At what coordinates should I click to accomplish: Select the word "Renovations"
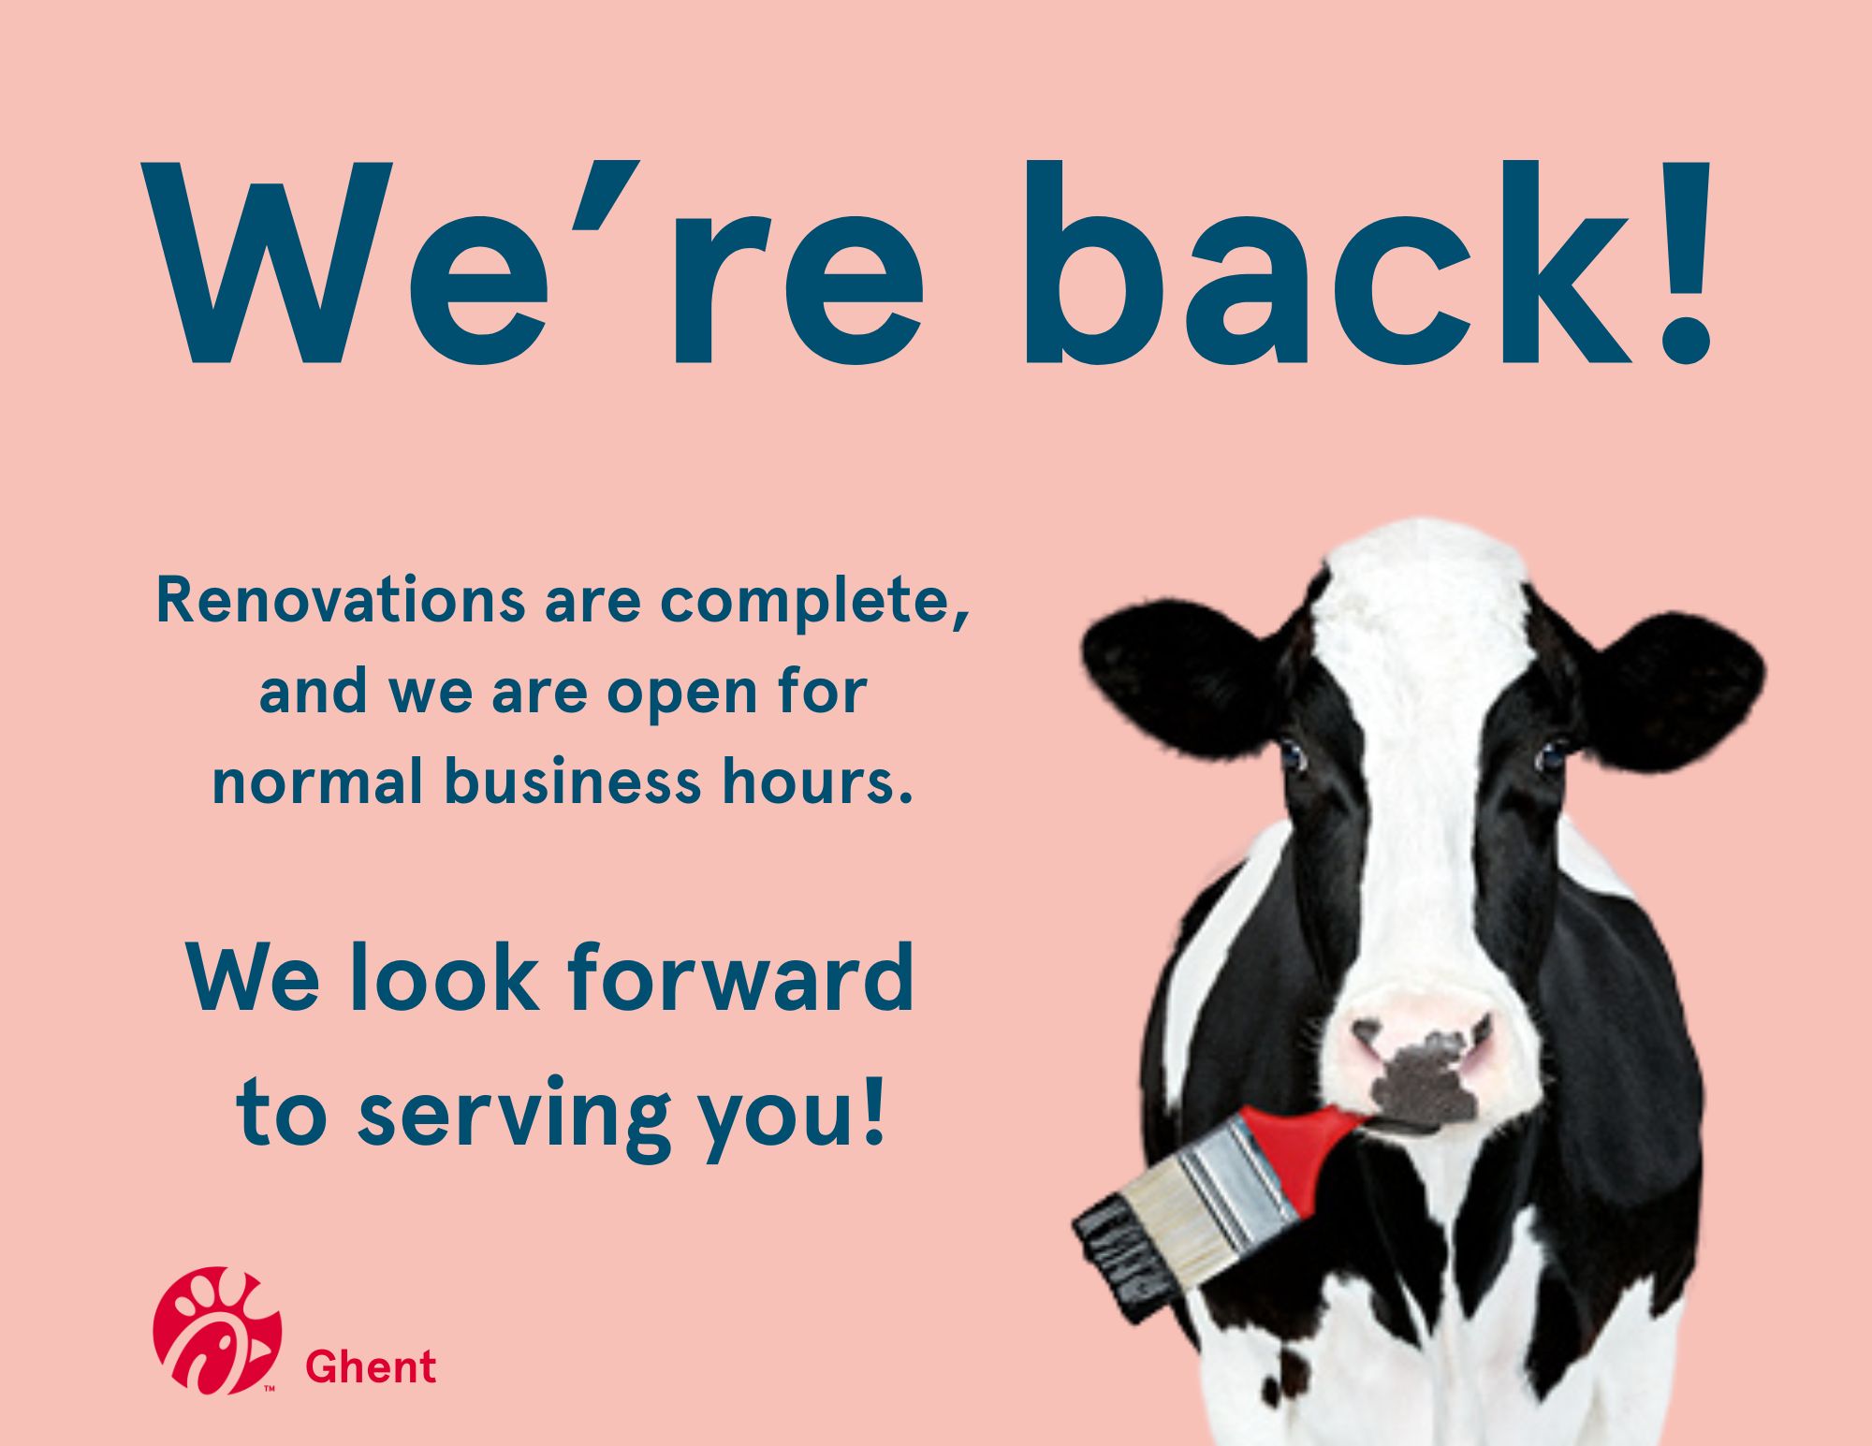tap(340, 601)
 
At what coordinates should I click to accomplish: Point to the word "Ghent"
tap(371, 1367)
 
